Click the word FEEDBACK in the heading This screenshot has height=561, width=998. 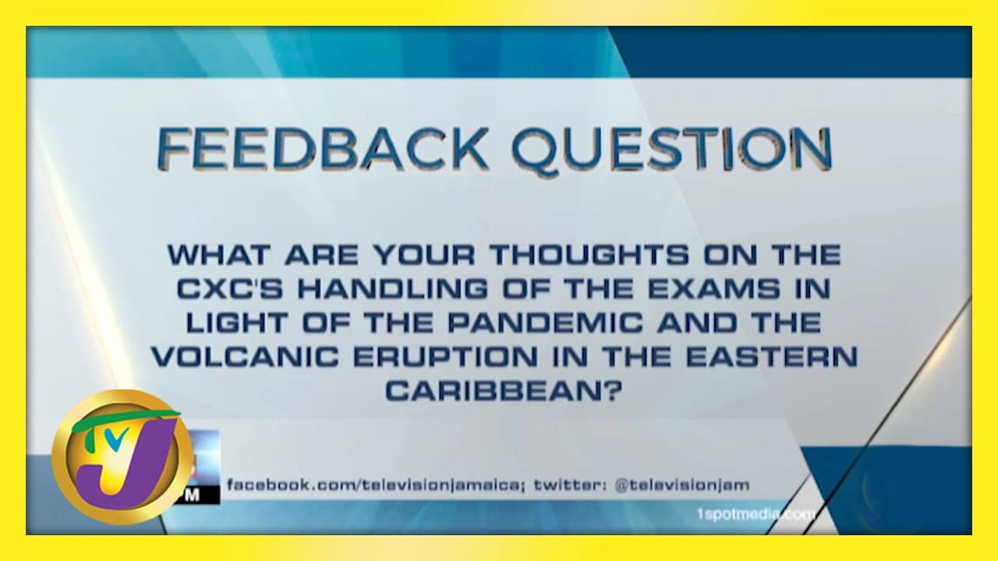coord(323,148)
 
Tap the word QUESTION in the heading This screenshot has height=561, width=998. coord(672,149)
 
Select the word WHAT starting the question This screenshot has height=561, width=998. coord(219,255)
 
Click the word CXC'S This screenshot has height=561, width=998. coord(230,289)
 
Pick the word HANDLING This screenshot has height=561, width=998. coord(393,289)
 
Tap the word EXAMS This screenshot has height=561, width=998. coord(713,289)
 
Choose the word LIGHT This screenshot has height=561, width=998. coord(236,323)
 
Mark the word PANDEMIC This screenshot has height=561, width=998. coord(545,323)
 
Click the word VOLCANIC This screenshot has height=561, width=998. coord(245,357)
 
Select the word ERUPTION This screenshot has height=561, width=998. coord(445,357)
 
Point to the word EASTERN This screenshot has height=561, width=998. coord(772,357)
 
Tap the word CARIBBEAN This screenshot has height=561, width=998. coord(504,391)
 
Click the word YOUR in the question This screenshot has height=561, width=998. coord(424,255)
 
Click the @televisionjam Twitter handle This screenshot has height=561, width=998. coord(682,485)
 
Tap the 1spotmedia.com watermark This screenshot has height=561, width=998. coord(756,514)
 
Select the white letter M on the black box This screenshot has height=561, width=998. coord(193,496)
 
